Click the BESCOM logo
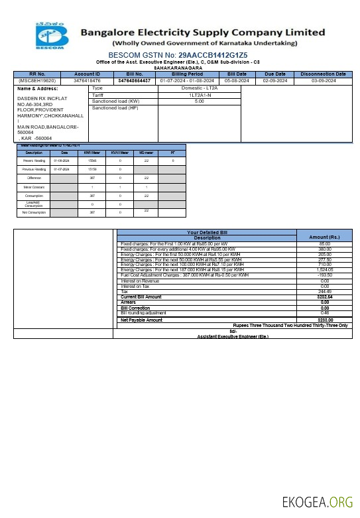(x=52, y=35)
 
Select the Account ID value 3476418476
(x=87, y=80)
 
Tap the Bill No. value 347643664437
(x=135, y=80)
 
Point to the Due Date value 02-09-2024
(x=274, y=80)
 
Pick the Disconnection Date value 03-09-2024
(x=324, y=80)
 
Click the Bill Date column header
(x=237, y=74)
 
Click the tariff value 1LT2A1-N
(x=199, y=95)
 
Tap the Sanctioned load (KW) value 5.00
(x=199, y=101)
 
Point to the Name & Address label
(x=33, y=88)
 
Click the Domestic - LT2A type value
(x=199, y=88)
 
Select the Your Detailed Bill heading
(x=206, y=232)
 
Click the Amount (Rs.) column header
(x=324, y=237)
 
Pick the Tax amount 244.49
(x=324, y=291)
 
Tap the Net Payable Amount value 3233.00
(x=324, y=320)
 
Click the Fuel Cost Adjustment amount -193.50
(x=324, y=275)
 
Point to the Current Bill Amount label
(x=141, y=296)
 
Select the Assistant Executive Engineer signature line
(x=233, y=337)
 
